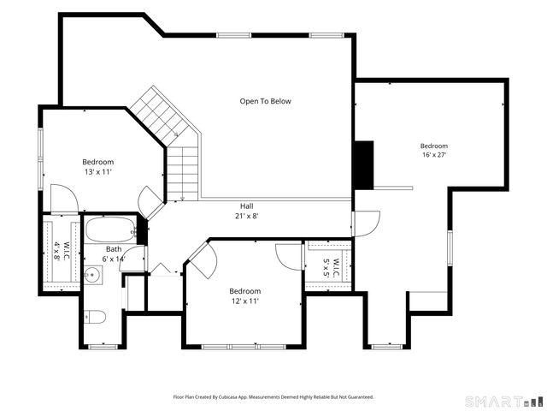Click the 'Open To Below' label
[x=265, y=101]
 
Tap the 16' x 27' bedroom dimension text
[x=434, y=155]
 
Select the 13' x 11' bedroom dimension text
[x=98, y=172]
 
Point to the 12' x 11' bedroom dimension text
[x=245, y=301]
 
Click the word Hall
[x=247, y=206]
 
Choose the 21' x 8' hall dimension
[x=247, y=216]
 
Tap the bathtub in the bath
[x=110, y=229]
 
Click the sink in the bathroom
[x=93, y=275]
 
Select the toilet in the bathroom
[x=95, y=317]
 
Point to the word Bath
[x=114, y=249]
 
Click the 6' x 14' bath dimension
[x=114, y=259]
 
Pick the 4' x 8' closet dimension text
[x=57, y=250]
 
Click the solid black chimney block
[x=364, y=165]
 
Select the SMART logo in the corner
[x=505, y=402]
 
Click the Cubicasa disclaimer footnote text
[x=273, y=397]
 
